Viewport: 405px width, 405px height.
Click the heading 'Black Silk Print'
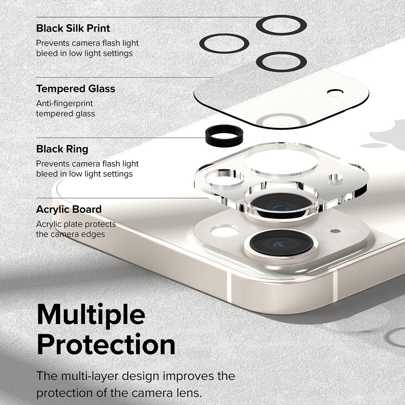pyautogui.click(x=73, y=28)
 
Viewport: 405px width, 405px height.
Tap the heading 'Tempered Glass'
pyautogui.click(x=76, y=89)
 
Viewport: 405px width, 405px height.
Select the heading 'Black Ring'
pyautogui.click(x=62, y=149)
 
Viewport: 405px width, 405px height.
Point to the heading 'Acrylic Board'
pyautogui.click(x=69, y=209)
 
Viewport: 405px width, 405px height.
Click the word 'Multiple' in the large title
pyautogui.click(x=91, y=315)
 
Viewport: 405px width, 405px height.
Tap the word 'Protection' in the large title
pyautogui.click(x=106, y=345)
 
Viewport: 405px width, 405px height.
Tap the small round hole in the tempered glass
pyautogui.click(x=334, y=92)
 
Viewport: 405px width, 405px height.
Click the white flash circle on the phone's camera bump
pyautogui.click(x=224, y=232)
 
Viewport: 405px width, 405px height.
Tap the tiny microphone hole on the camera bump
pyautogui.click(x=335, y=232)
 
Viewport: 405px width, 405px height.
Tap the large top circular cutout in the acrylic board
pyautogui.click(x=281, y=161)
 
